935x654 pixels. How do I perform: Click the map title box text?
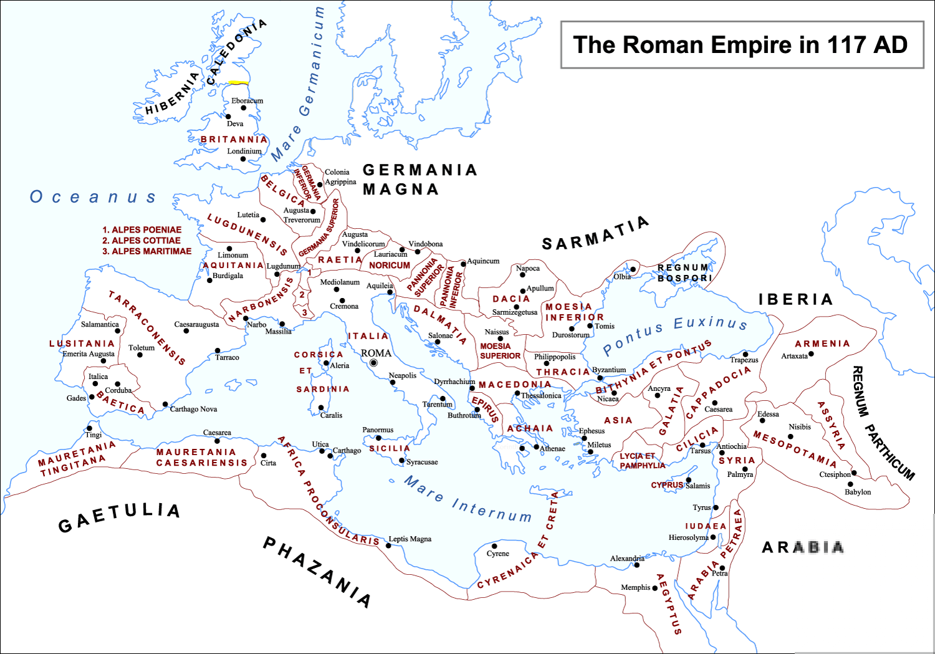coord(741,45)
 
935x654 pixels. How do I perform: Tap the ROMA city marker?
coord(373,363)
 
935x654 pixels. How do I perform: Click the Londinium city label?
coord(244,151)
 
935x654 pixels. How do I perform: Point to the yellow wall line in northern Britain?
coord(238,82)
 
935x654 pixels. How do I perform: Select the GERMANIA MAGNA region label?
coord(419,180)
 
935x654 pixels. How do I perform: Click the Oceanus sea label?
coord(93,198)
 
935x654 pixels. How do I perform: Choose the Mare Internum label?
coord(467,499)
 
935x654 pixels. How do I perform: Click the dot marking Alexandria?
coord(636,565)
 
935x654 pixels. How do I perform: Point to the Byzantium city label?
coord(609,370)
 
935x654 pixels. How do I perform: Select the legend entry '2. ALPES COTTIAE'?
coord(141,241)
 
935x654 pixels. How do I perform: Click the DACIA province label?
coord(511,299)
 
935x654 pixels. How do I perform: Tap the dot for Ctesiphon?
coord(854,473)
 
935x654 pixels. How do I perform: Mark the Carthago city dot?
coord(330,456)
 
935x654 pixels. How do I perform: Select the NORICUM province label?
coord(390,266)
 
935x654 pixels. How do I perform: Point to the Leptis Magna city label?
coord(410,539)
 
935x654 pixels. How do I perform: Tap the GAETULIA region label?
coord(119,517)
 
